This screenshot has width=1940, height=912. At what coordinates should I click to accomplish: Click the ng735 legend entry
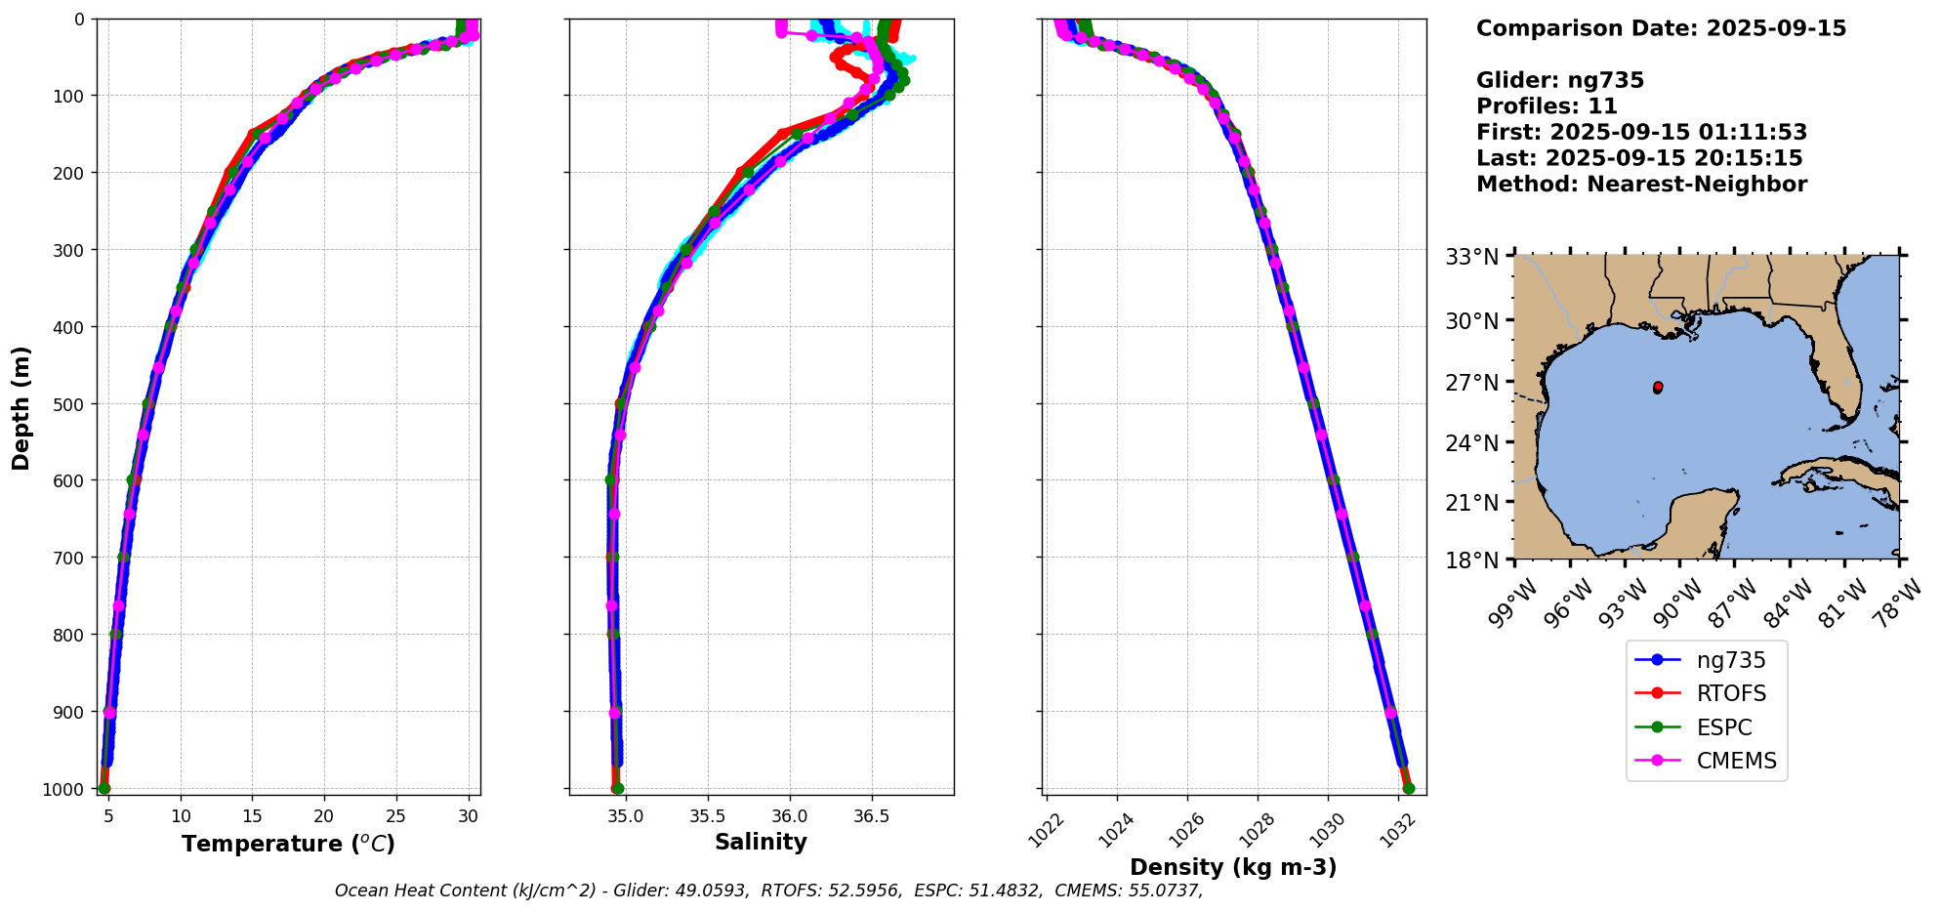1730,660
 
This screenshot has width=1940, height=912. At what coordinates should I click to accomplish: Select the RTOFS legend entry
1731,694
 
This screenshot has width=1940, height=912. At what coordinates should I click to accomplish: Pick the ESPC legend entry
1723,727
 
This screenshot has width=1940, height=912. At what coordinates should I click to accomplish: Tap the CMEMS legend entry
1736,762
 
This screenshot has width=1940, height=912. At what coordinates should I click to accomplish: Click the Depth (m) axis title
21,407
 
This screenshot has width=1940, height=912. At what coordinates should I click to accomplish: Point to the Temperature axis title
288,844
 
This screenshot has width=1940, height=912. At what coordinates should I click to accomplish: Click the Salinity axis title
761,842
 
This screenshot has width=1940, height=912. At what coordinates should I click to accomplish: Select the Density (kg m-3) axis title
1233,867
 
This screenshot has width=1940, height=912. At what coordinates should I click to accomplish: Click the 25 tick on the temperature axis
395,815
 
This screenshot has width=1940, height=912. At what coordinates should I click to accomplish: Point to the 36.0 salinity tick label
789,815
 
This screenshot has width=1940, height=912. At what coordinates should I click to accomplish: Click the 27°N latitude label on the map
1471,383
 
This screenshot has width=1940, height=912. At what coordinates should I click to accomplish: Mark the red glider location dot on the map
1658,388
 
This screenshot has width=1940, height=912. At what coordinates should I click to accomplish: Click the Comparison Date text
1661,28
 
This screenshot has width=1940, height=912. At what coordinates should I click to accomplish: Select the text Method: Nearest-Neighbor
1641,185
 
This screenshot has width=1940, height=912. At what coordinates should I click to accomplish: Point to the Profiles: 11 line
1547,106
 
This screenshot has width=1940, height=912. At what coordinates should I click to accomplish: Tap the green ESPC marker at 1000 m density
1408,788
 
